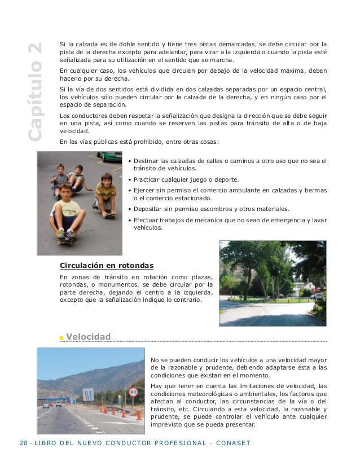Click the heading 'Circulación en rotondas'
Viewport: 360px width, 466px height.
(107, 265)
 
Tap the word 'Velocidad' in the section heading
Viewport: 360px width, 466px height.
(88, 337)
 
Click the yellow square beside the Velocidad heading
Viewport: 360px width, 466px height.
(62, 338)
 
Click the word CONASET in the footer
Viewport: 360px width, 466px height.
(232, 442)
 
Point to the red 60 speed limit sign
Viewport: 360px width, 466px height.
(134, 391)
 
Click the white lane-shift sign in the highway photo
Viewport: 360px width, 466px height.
(89, 394)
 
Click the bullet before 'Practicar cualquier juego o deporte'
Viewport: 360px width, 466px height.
(130, 179)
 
